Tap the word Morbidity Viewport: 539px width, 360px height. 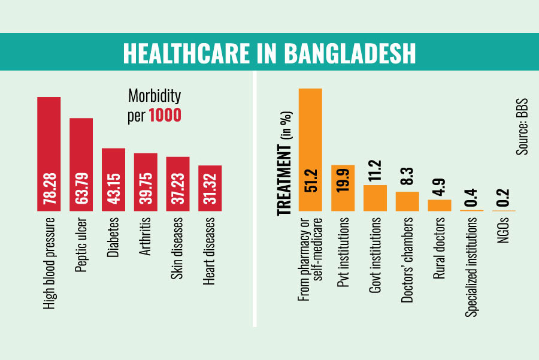(x=155, y=96)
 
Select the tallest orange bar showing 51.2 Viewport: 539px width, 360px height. (x=311, y=150)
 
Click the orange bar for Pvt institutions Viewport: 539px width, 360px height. (x=343, y=188)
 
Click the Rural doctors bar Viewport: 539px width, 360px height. (x=439, y=205)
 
